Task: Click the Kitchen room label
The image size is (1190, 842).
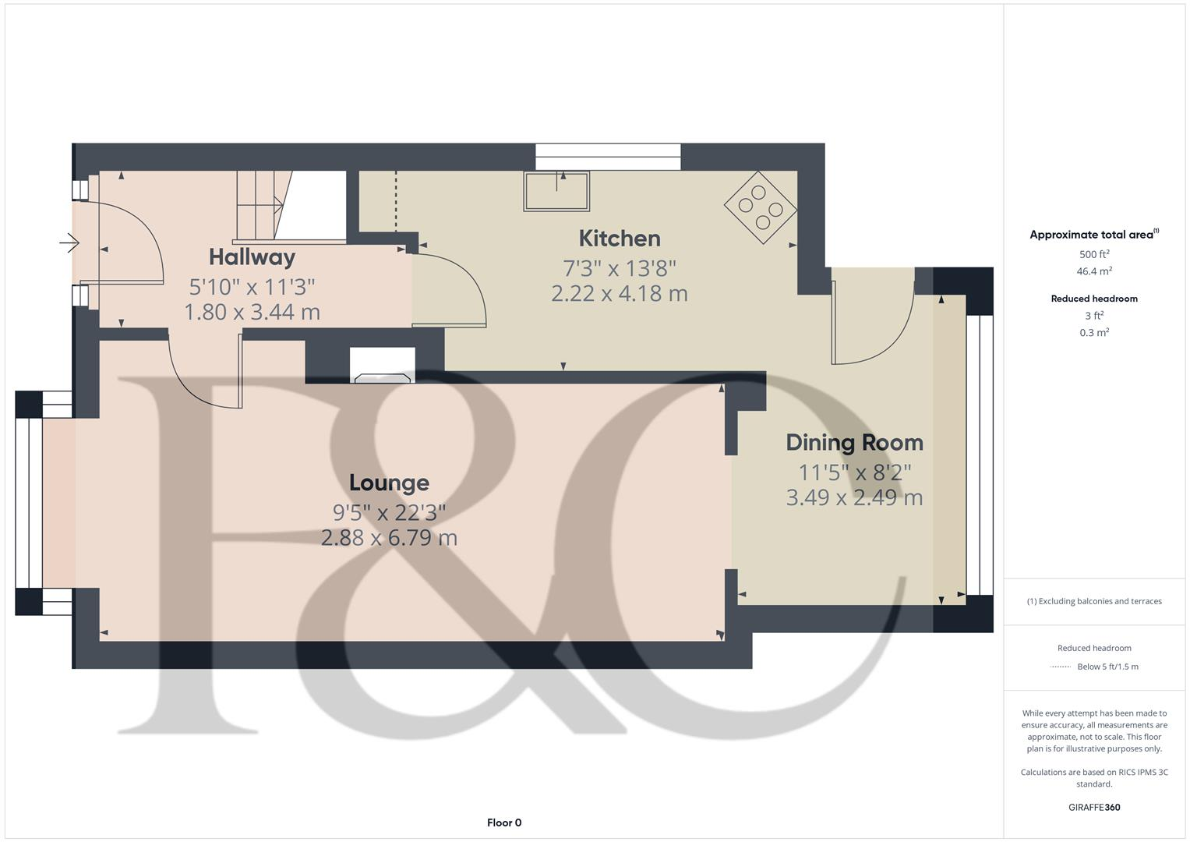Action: (x=620, y=239)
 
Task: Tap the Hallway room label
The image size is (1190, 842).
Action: (x=252, y=257)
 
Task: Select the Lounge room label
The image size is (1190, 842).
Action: (x=389, y=483)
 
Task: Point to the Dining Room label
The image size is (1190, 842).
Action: (x=854, y=443)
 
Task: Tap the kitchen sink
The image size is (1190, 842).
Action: (x=556, y=191)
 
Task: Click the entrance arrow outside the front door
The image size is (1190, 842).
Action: (x=69, y=243)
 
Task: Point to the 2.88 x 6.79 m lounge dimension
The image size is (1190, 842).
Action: (x=389, y=538)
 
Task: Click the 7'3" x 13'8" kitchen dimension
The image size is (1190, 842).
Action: (x=620, y=268)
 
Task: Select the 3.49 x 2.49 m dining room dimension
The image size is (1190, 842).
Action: (x=854, y=497)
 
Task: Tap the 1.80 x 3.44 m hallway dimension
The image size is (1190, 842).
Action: (x=252, y=313)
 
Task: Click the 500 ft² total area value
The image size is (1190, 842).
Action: (x=1094, y=254)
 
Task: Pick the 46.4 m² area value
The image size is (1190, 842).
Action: (x=1094, y=271)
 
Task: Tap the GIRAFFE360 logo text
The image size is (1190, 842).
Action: (x=1094, y=808)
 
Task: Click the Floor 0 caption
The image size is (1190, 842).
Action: (x=504, y=823)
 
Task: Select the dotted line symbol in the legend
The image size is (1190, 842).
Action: (x=1061, y=667)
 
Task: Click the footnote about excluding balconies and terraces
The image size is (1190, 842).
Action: (x=1094, y=601)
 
